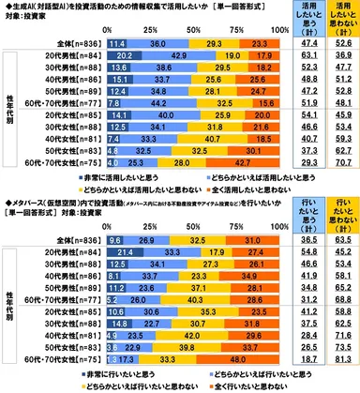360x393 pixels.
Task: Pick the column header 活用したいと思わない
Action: tap(342, 16)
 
